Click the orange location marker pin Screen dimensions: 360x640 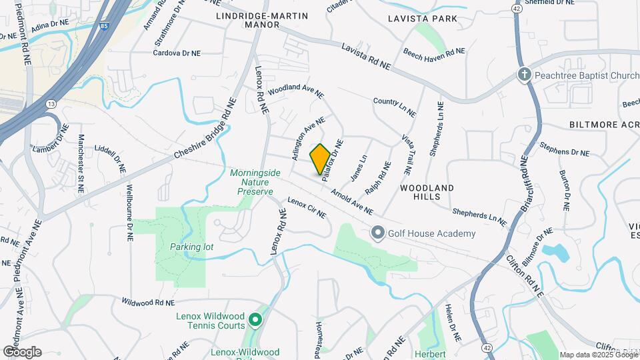pyautogui.click(x=320, y=159)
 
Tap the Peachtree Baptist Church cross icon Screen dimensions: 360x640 pyautogui.click(x=525, y=75)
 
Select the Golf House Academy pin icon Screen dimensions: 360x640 pyautogui.click(x=378, y=233)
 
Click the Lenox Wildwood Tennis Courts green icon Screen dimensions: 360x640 pyautogui.click(x=255, y=321)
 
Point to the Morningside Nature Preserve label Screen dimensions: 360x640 pyautogui.click(x=251, y=182)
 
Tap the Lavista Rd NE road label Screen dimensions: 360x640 pyautogui.click(x=365, y=57)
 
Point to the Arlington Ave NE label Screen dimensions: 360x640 pyautogui.click(x=307, y=138)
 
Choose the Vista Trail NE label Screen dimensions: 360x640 pyautogui.click(x=406, y=154)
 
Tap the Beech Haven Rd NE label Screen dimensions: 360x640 pyautogui.click(x=434, y=52)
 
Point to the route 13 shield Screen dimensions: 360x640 pyautogui.click(x=51, y=104)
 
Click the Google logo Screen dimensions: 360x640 pyautogui.click(x=22, y=352)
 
